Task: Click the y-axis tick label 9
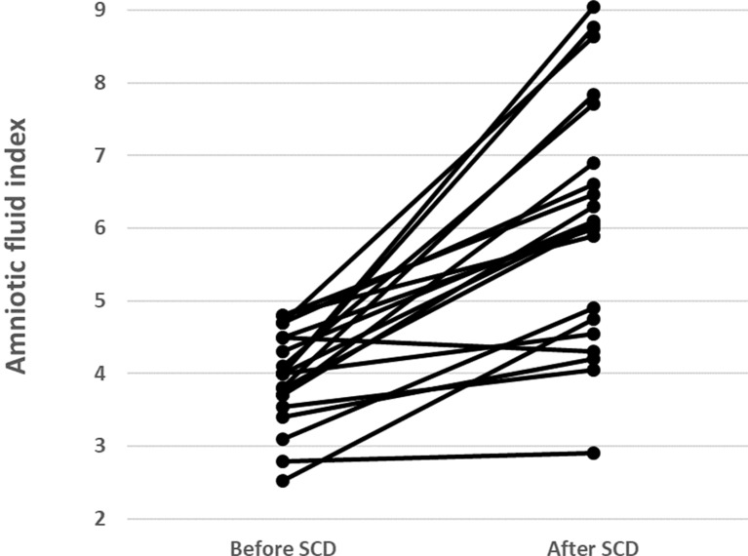pyautogui.click(x=100, y=10)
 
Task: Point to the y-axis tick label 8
pyautogui.click(x=100, y=83)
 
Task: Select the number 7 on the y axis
pyautogui.click(x=100, y=156)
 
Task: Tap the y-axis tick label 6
pyautogui.click(x=100, y=228)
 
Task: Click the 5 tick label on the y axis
pyautogui.click(x=100, y=301)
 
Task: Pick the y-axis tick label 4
pyautogui.click(x=100, y=374)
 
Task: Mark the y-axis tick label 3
pyautogui.click(x=100, y=447)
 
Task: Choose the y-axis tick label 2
pyautogui.click(x=100, y=519)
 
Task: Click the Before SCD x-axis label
pyautogui.click(x=283, y=548)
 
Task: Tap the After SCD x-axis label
pyautogui.click(x=593, y=548)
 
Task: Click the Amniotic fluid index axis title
pyautogui.click(x=17, y=246)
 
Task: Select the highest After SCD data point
pyautogui.click(x=594, y=7)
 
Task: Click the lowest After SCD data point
pyautogui.click(x=594, y=453)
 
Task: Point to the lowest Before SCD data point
pyautogui.click(x=283, y=481)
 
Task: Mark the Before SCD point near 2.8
pyautogui.click(x=283, y=461)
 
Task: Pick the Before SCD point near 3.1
pyautogui.click(x=283, y=439)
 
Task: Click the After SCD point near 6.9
pyautogui.click(x=594, y=163)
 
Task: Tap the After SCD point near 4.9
pyautogui.click(x=594, y=307)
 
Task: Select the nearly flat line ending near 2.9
pyautogui.click(x=438, y=457)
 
